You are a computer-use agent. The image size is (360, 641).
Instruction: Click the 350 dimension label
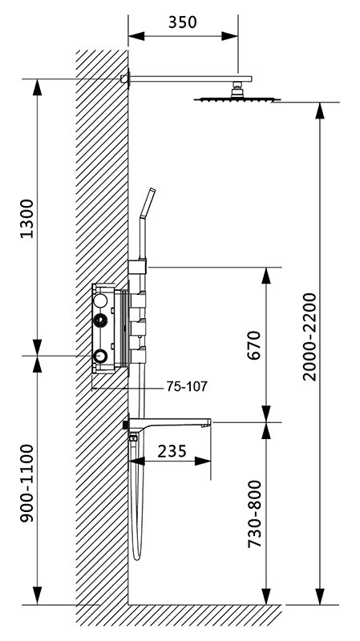(x=183, y=22)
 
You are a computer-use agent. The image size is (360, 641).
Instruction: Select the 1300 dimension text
(x=27, y=218)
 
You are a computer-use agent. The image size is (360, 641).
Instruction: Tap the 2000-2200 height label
(x=309, y=337)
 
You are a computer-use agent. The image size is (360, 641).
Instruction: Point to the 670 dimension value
(x=253, y=345)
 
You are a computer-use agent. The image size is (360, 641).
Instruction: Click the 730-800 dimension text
(x=254, y=514)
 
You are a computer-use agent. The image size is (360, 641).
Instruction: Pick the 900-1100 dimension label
(x=27, y=483)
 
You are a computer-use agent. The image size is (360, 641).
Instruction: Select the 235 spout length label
(x=172, y=451)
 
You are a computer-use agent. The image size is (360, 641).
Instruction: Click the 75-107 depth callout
(x=187, y=386)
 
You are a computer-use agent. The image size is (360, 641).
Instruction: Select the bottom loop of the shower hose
(x=137, y=556)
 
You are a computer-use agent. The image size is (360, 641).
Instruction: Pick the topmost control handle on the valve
(x=137, y=300)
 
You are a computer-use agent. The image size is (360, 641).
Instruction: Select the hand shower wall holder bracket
(x=137, y=267)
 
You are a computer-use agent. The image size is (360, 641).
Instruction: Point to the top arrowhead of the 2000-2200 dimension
(x=320, y=111)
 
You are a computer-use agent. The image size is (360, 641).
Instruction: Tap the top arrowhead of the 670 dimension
(x=266, y=276)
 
